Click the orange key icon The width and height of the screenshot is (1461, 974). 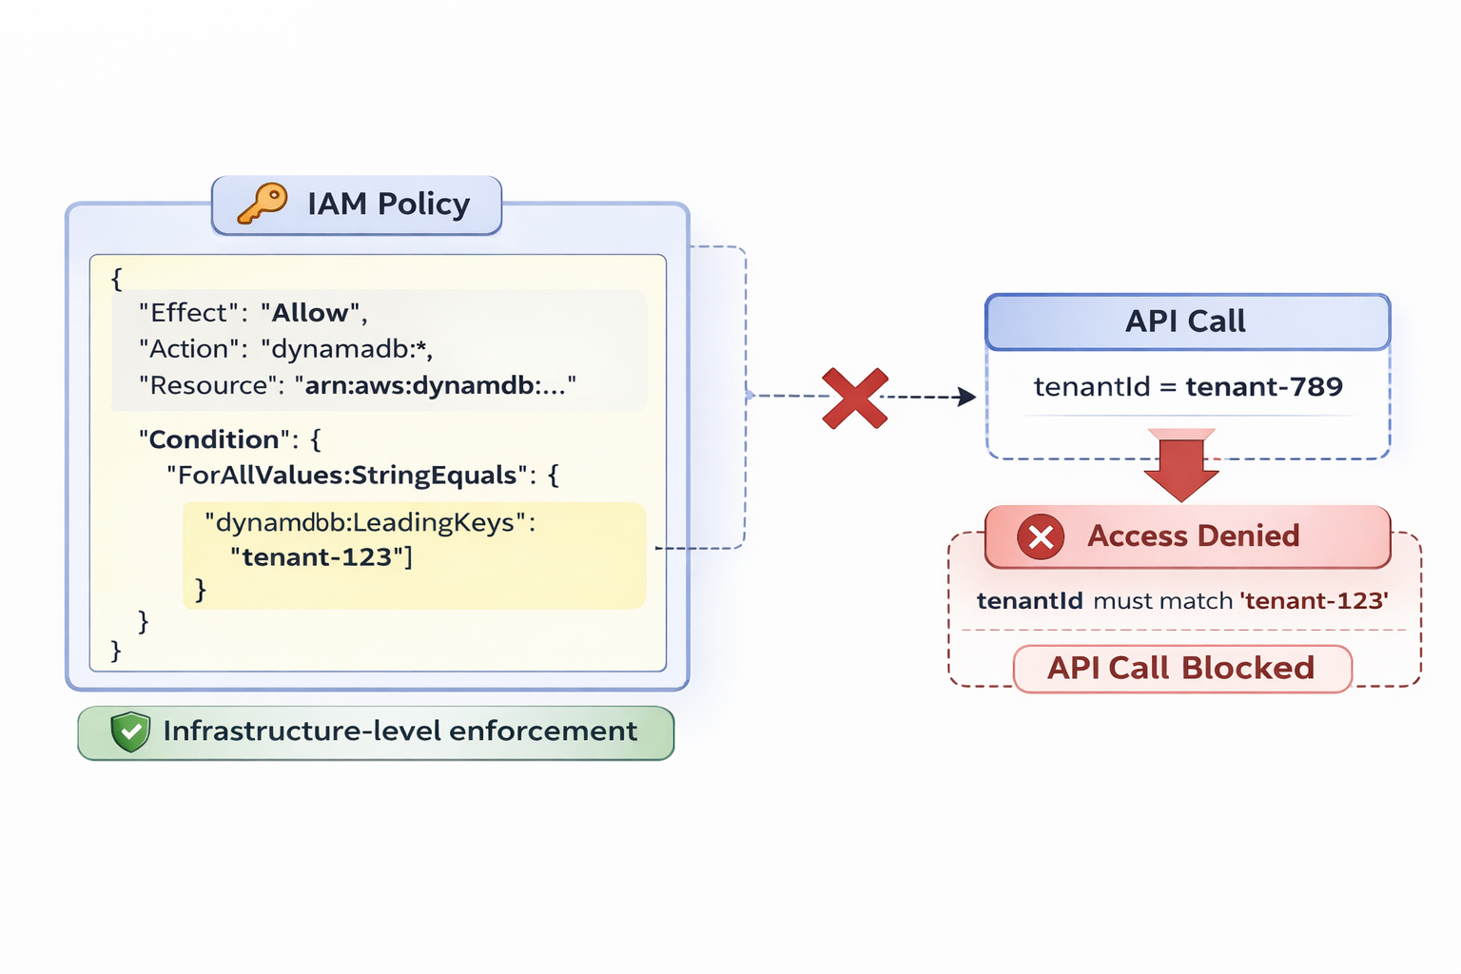pyautogui.click(x=262, y=204)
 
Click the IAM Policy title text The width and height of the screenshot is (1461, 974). pyautogui.click(x=388, y=205)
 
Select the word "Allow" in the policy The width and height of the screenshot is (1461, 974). pyautogui.click(x=310, y=313)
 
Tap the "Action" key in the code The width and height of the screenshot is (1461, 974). pyautogui.click(x=188, y=349)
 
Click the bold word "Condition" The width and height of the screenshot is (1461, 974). pyautogui.click(x=214, y=439)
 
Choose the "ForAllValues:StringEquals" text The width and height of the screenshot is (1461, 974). pyautogui.click(x=347, y=476)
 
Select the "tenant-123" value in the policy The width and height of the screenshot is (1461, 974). pyautogui.click(x=317, y=557)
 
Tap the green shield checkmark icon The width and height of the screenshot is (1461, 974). pyautogui.click(x=130, y=731)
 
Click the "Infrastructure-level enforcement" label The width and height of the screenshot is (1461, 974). pyautogui.click(x=399, y=731)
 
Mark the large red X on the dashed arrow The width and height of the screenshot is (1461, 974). pyautogui.click(x=855, y=398)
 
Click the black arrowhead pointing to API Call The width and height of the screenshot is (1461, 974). pyautogui.click(x=966, y=397)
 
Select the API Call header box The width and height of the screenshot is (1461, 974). pyautogui.click(x=1187, y=321)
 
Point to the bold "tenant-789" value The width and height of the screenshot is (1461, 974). pyautogui.click(x=1264, y=387)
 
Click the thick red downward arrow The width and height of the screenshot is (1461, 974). pyautogui.click(x=1181, y=466)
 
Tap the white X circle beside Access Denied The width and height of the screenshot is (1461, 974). pyautogui.click(x=1041, y=537)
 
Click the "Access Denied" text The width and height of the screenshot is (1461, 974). pyautogui.click(x=1193, y=536)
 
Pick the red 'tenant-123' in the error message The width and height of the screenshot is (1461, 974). pyautogui.click(x=1314, y=601)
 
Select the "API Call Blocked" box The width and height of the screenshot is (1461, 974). pyautogui.click(x=1182, y=669)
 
